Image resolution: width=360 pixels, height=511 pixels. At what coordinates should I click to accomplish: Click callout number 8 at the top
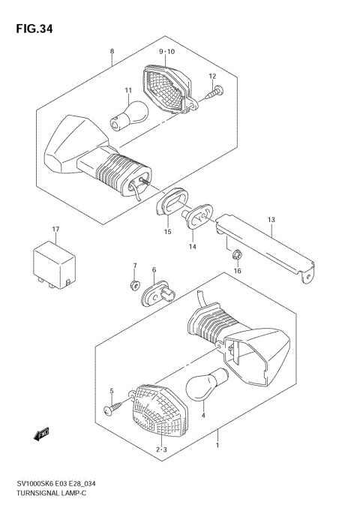click(x=112, y=51)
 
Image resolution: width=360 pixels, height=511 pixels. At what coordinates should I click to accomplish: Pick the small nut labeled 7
click(x=134, y=284)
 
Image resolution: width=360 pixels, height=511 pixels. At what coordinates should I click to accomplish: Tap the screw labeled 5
click(x=117, y=408)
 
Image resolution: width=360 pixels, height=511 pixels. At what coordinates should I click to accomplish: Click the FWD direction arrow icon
click(x=41, y=433)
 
